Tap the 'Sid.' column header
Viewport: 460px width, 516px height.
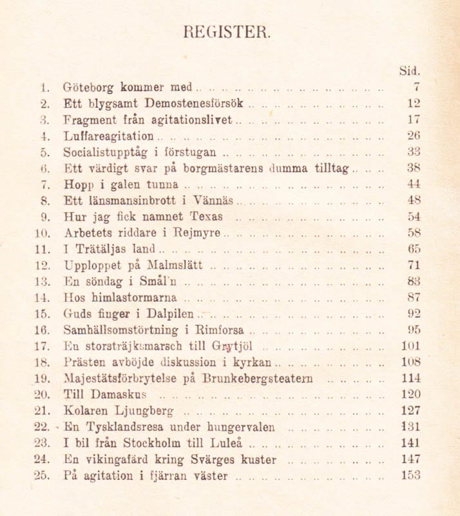tap(410, 70)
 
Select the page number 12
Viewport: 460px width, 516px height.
tap(414, 103)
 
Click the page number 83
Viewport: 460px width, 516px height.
tap(414, 281)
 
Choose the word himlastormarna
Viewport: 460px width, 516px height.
tap(137, 297)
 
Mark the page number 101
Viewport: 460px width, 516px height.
tap(411, 345)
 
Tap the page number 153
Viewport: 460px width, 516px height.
tap(411, 476)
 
